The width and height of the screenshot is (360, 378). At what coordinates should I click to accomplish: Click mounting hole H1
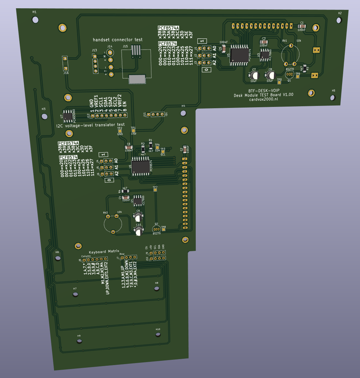coord(35,20)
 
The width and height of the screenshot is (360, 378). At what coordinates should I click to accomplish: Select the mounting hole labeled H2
coord(338,20)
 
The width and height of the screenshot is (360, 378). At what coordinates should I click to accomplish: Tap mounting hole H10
coord(158,335)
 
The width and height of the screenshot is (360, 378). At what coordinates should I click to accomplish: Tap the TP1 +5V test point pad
coord(133,131)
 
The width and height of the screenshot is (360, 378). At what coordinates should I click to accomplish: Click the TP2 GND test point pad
coord(120,131)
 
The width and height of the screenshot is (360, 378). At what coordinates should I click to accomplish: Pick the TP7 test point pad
coord(155,190)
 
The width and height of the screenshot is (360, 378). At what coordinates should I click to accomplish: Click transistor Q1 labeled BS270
coord(289,74)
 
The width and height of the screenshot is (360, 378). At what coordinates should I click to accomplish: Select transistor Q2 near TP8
coord(156,229)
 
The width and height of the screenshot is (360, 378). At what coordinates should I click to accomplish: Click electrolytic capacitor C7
coord(253,75)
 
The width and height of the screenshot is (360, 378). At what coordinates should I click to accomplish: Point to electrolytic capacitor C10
coord(139,231)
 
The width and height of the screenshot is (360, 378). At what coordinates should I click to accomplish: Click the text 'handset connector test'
coord(118,40)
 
